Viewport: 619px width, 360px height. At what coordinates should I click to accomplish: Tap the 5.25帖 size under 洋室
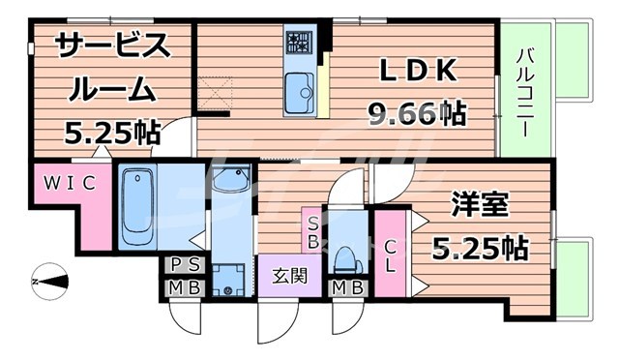point(481,249)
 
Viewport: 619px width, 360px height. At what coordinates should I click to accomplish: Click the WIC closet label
point(67,183)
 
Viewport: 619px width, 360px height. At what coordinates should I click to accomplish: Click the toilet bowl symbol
point(345,254)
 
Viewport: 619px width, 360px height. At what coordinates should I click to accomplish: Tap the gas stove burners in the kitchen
point(297,42)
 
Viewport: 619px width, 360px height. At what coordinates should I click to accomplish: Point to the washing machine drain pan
point(230,279)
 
